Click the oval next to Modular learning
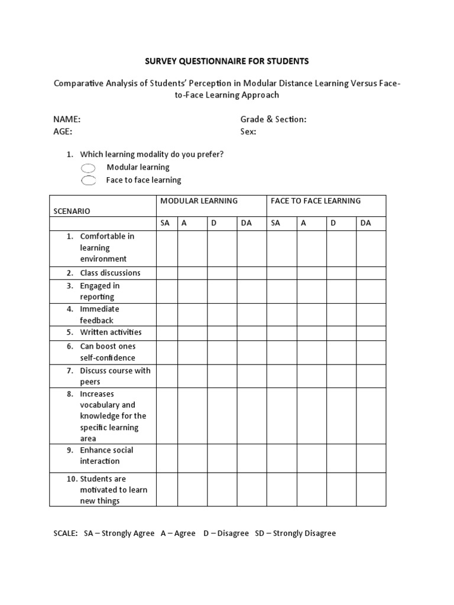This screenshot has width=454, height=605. click(87, 168)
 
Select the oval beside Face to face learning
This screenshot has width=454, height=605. click(87, 181)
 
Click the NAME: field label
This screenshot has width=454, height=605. click(67, 119)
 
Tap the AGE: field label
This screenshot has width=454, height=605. click(63, 132)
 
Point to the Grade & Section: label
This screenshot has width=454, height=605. click(273, 119)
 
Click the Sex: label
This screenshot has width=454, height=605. click(248, 132)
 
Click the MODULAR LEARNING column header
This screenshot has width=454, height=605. click(199, 201)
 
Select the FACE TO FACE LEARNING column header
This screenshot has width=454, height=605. click(315, 201)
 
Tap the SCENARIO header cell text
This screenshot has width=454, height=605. click(72, 211)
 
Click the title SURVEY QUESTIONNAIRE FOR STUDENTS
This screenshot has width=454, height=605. click(227, 61)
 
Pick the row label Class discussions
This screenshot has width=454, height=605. click(110, 273)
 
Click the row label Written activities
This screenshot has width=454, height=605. click(111, 332)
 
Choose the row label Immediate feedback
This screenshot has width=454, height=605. click(99, 314)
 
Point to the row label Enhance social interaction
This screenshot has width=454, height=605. click(106, 456)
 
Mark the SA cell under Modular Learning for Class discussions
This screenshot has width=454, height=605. click(167, 273)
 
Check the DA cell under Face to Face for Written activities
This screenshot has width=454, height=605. click(371, 333)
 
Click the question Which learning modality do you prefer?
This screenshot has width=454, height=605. click(152, 155)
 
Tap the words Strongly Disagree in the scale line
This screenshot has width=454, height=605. click(304, 534)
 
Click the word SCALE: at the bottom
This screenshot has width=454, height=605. click(66, 534)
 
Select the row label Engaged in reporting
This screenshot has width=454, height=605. click(99, 291)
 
